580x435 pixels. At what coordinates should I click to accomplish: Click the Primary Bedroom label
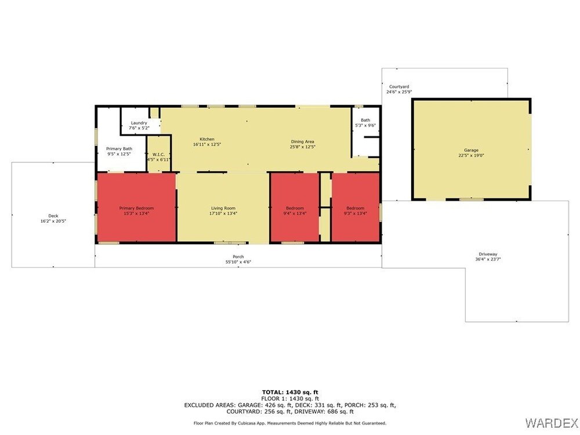pos(136,208)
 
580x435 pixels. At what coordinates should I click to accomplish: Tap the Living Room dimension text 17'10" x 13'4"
pos(223,213)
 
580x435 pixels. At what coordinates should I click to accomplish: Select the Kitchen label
pos(207,139)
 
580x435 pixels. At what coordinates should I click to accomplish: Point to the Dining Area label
pos(303,142)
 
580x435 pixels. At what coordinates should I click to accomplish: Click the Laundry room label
pos(139,123)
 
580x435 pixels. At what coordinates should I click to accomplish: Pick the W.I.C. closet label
pos(158,155)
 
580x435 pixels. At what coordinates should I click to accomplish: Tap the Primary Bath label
pos(119,148)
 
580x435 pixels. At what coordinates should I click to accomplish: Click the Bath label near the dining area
pos(365,120)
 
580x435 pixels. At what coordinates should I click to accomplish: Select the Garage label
pos(471,150)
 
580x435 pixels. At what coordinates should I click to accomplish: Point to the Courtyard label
pos(399,86)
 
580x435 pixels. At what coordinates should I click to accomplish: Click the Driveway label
pos(488,254)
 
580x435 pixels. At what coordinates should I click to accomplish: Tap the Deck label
pos(53,216)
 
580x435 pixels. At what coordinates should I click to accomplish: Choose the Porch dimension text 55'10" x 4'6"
pos(238,262)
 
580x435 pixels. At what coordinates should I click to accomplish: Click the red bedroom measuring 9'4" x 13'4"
pos(295,208)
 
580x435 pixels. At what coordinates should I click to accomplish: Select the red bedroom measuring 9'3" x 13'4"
pos(356,208)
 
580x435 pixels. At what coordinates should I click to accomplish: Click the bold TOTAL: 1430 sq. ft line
pos(290,393)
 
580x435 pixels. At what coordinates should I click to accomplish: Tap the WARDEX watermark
pos(551,422)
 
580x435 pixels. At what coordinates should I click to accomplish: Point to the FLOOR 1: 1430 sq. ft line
pos(290,399)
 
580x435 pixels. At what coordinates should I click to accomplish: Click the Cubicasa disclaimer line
pos(290,423)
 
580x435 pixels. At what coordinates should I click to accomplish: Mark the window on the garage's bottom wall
pos(471,200)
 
